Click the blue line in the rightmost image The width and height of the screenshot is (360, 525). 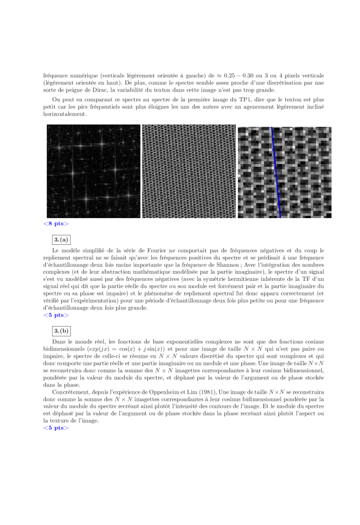coord(276,172)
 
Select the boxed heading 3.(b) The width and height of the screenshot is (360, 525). coord(62,330)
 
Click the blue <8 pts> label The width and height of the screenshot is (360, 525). coord(56,224)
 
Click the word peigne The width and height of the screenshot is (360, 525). coord(67,90)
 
